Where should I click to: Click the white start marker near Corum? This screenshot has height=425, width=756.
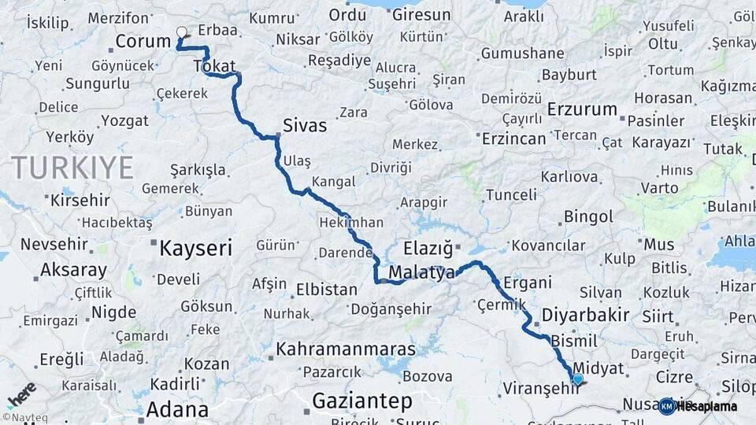(182, 32)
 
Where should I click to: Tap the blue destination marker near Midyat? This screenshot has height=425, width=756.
(578, 379)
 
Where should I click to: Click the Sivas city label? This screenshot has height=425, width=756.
(305, 125)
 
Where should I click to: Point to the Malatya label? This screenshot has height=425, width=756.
(422, 274)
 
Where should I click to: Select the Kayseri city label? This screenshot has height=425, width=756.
(195, 249)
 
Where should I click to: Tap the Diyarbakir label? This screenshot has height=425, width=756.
(586, 316)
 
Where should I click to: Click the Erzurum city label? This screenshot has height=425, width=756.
(581, 108)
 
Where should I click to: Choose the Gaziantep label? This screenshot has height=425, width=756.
(362, 401)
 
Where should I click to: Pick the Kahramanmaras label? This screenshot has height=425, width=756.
(346, 348)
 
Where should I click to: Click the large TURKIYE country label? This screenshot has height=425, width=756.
(72, 167)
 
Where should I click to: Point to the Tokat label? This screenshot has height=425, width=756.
(214, 67)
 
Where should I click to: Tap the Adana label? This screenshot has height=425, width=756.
(177, 409)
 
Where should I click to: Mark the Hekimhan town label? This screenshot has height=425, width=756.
(351, 223)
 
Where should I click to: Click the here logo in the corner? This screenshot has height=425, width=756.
(21, 394)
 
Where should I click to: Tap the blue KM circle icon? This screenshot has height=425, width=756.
(667, 406)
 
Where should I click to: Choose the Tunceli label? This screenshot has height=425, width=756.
(511, 194)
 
